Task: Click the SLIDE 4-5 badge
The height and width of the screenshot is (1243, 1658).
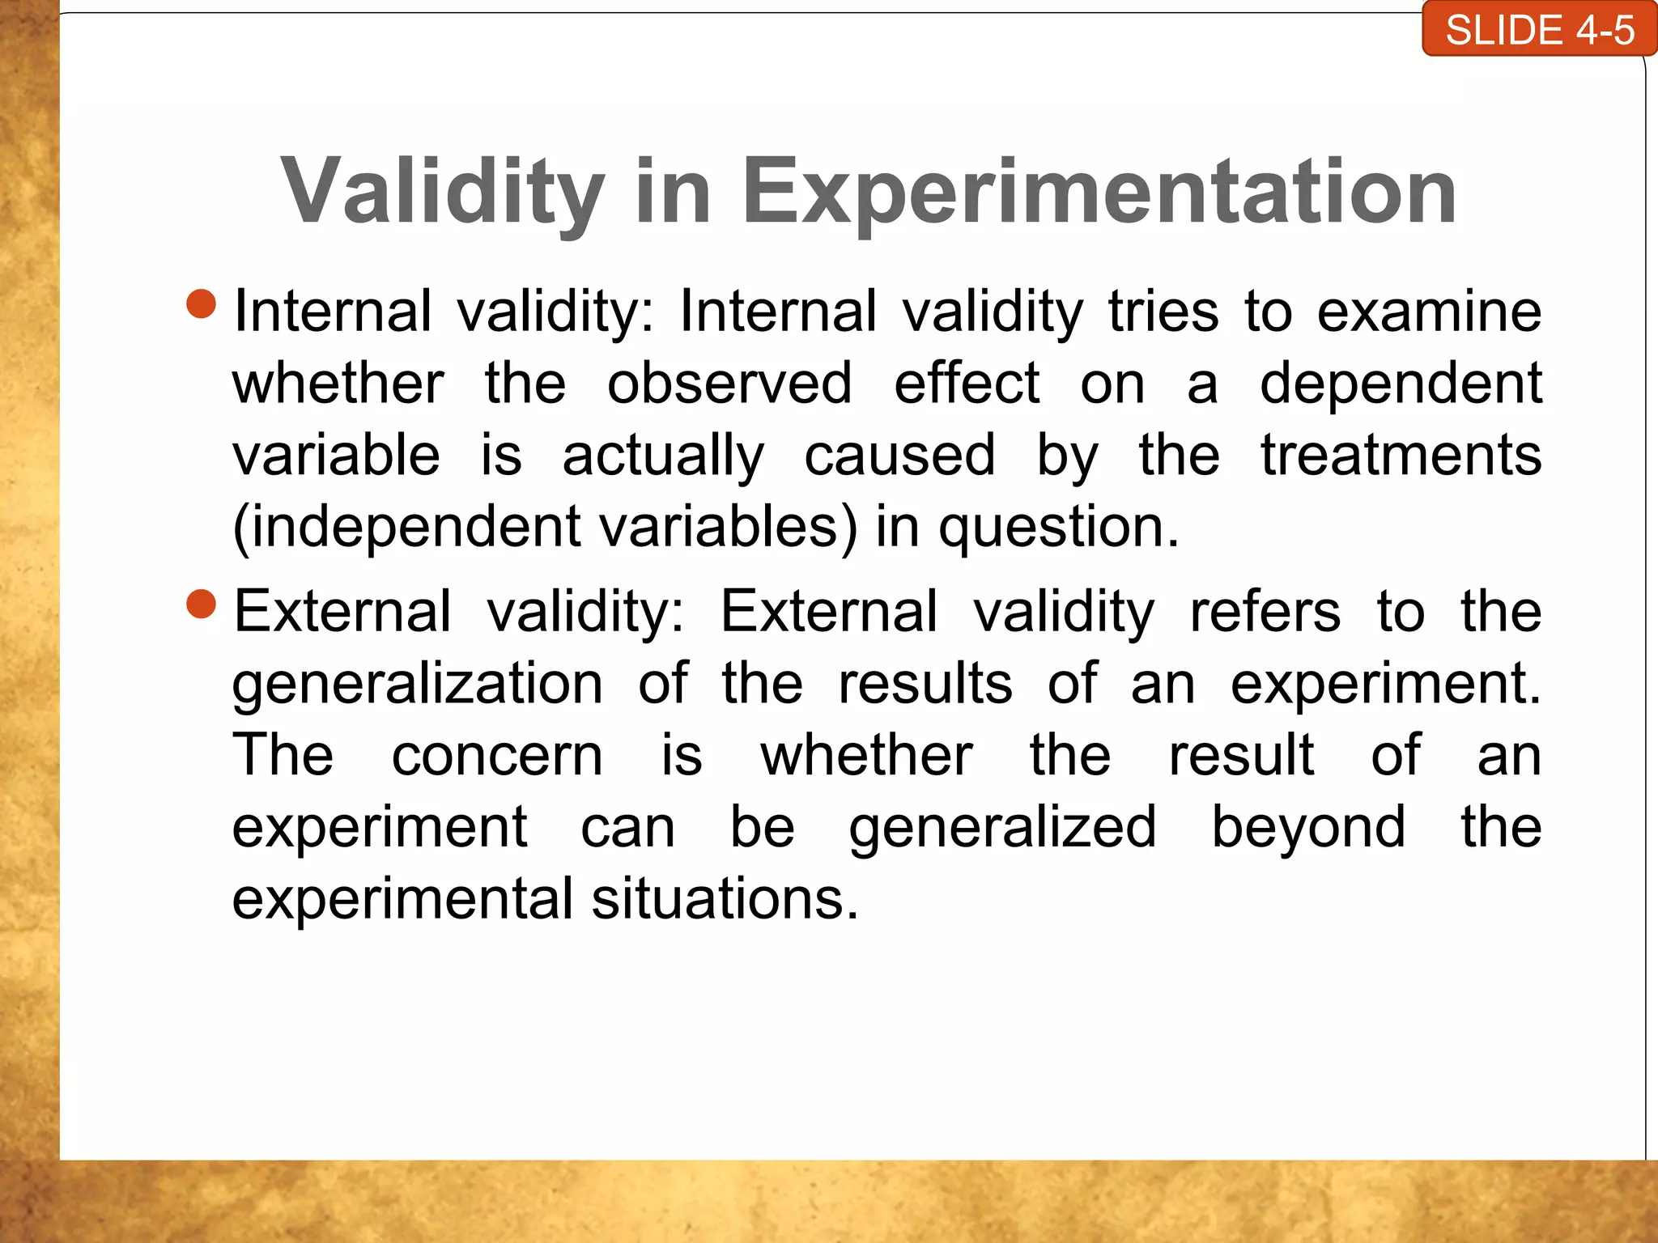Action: tap(1539, 30)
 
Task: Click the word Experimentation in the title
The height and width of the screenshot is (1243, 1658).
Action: tap(1099, 192)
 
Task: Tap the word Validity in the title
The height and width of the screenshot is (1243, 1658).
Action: tap(442, 192)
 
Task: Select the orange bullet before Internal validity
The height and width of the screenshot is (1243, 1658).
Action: tap(201, 304)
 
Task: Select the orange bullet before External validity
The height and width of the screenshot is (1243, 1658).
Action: tap(201, 604)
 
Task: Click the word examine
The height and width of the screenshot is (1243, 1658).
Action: tap(1428, 312)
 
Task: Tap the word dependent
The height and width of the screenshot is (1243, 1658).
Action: tap(1400, 384)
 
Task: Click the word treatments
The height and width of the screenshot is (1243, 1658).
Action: tap(1401, 456)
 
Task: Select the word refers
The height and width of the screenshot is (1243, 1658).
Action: tap(1264, 612)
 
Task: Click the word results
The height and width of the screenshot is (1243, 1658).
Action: tap(925, 684)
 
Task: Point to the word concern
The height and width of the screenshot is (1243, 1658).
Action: tap(497, 756)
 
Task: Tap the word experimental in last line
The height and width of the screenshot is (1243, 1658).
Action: tap(402, 900)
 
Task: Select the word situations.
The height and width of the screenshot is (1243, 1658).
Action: tap(724, 900)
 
